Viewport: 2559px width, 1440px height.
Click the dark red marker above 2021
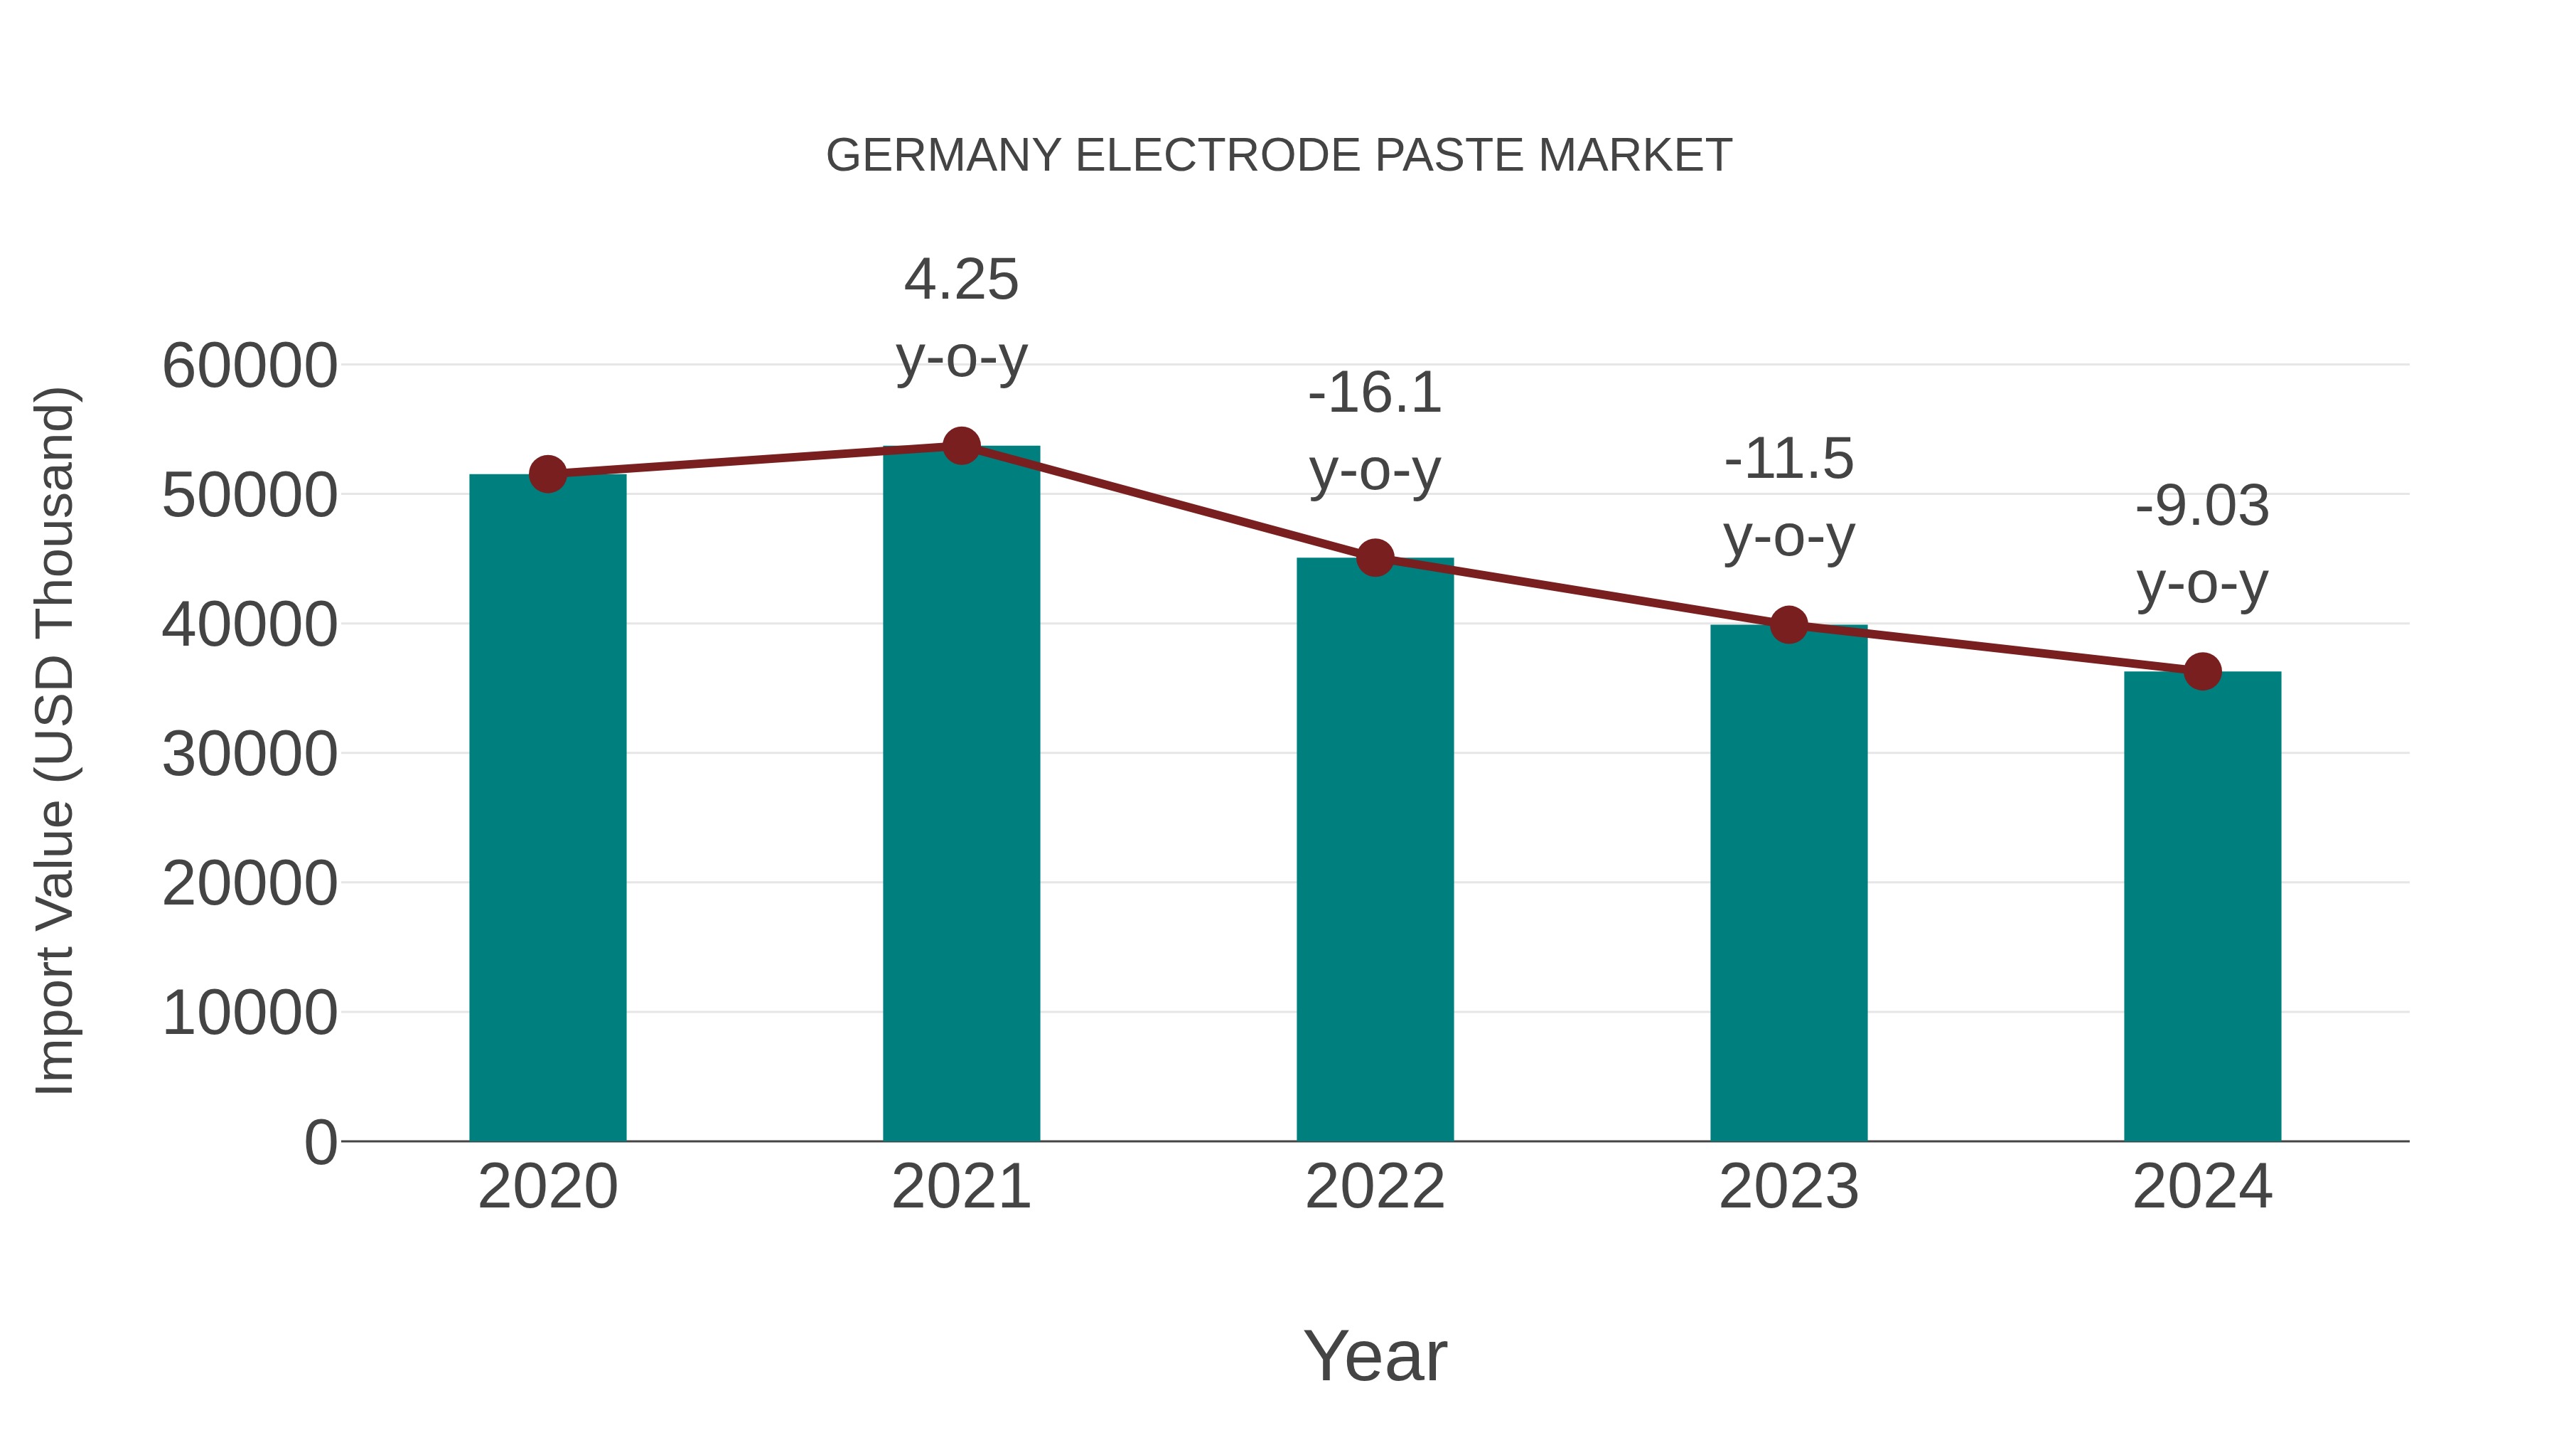click(960, 446)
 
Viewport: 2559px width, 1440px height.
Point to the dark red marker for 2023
click(1788, 625)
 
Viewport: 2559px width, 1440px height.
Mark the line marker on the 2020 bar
click(547, 474)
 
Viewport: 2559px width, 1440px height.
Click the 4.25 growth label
click(960, 279)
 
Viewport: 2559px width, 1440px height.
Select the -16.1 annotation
click(1375, 393)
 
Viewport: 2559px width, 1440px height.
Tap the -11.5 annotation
click(1788, 459)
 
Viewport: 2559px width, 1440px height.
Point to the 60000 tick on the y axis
click(250, 366)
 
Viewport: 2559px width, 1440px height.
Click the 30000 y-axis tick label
click(250, 754)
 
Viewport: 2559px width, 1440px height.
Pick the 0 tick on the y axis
click(320, 1142)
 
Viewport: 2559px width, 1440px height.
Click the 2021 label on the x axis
click(960, 1187)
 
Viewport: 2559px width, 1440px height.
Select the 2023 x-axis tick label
click(1788, 1187)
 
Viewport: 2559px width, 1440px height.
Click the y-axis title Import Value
click(55, 740)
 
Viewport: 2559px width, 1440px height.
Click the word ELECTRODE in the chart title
click(1217, 156)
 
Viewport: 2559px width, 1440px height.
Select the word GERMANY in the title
click(944, 156)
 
